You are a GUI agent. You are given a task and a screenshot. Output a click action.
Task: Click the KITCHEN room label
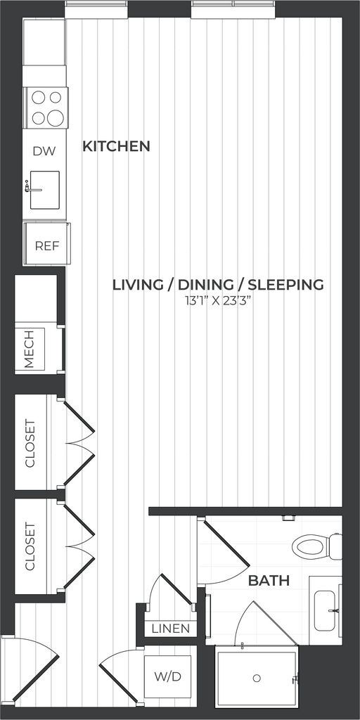pos(116,146)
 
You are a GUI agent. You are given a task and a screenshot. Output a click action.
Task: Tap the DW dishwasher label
pos(44,151)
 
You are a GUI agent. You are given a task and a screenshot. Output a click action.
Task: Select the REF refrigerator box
pos(47,243)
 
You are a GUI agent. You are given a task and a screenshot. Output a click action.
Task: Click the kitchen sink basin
pos(45,190)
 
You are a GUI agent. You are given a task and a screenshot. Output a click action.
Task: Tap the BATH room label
pos(269,580)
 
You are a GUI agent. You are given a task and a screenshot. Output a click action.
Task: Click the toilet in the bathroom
pos(317,547)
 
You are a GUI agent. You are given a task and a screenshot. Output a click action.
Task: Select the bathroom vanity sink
pos(327,610)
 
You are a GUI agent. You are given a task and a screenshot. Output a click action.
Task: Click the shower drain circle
pos(257,678)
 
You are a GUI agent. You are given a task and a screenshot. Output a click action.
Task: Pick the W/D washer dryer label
pos(168,676)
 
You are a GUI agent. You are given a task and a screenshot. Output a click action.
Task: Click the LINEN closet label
pos(171,628)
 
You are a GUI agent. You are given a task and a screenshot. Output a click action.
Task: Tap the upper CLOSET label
pos(30,443)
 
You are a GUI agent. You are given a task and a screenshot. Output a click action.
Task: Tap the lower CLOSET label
pos(30,546)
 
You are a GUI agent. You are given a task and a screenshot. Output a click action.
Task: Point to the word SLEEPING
pos(285,285)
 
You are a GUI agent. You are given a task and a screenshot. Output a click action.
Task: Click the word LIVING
pos(137,285)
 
